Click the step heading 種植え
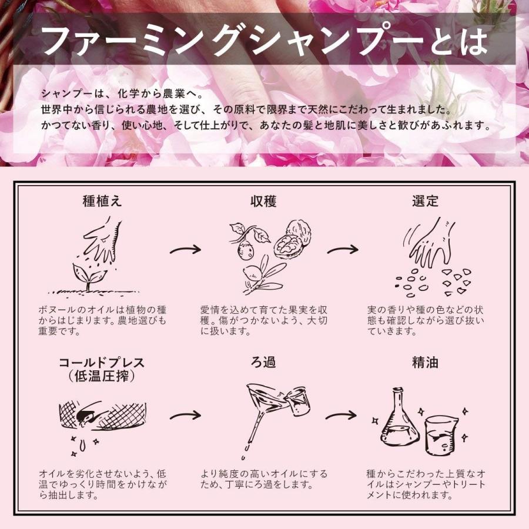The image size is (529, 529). pos(102,201)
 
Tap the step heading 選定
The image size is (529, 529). pos(425,201)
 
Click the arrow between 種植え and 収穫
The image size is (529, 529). pos(185,250)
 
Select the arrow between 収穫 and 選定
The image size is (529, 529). pos(343,250)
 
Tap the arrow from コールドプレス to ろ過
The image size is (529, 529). pos(185,416)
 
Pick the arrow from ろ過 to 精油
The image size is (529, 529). pos(343,416)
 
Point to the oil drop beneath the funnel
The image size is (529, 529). pos(243,457)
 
